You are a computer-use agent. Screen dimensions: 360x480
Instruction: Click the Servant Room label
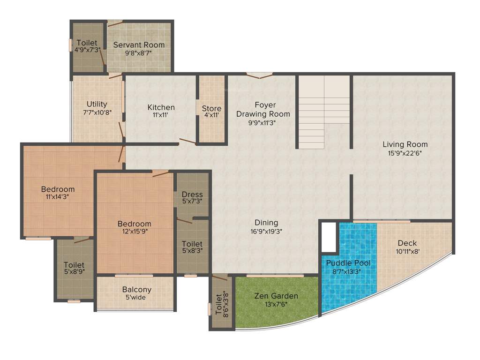[139, 45]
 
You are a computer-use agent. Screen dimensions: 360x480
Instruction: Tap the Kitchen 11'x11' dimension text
[161, 115]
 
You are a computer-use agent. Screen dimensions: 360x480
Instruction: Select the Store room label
[211, 109]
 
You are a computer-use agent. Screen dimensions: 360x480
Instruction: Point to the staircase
[324, 112]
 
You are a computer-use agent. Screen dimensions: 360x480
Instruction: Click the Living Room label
[405, 144]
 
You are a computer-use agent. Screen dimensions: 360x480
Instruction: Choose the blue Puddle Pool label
[348, 263]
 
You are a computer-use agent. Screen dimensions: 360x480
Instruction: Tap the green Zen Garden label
[276, 296]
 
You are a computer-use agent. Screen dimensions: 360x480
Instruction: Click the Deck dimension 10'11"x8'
[407, 251]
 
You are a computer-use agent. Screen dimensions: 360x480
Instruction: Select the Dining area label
[266, 223]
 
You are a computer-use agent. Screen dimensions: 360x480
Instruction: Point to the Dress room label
[192, 195]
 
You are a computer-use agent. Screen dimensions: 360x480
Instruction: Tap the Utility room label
[97, 104]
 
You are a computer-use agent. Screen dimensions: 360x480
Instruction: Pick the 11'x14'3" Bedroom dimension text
[58, 197]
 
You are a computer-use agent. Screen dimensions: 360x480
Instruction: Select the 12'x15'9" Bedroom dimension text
[134, 232]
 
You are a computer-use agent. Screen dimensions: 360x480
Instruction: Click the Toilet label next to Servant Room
[87, 43]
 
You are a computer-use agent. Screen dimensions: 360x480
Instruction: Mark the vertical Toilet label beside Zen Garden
[218, 305]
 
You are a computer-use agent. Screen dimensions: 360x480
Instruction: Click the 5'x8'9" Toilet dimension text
[74, 272]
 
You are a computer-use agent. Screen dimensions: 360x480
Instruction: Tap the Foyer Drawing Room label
[263, 109]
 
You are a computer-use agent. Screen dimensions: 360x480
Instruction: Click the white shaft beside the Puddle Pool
[329, 237]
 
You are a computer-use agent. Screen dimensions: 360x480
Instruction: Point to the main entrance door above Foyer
[259, 75]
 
